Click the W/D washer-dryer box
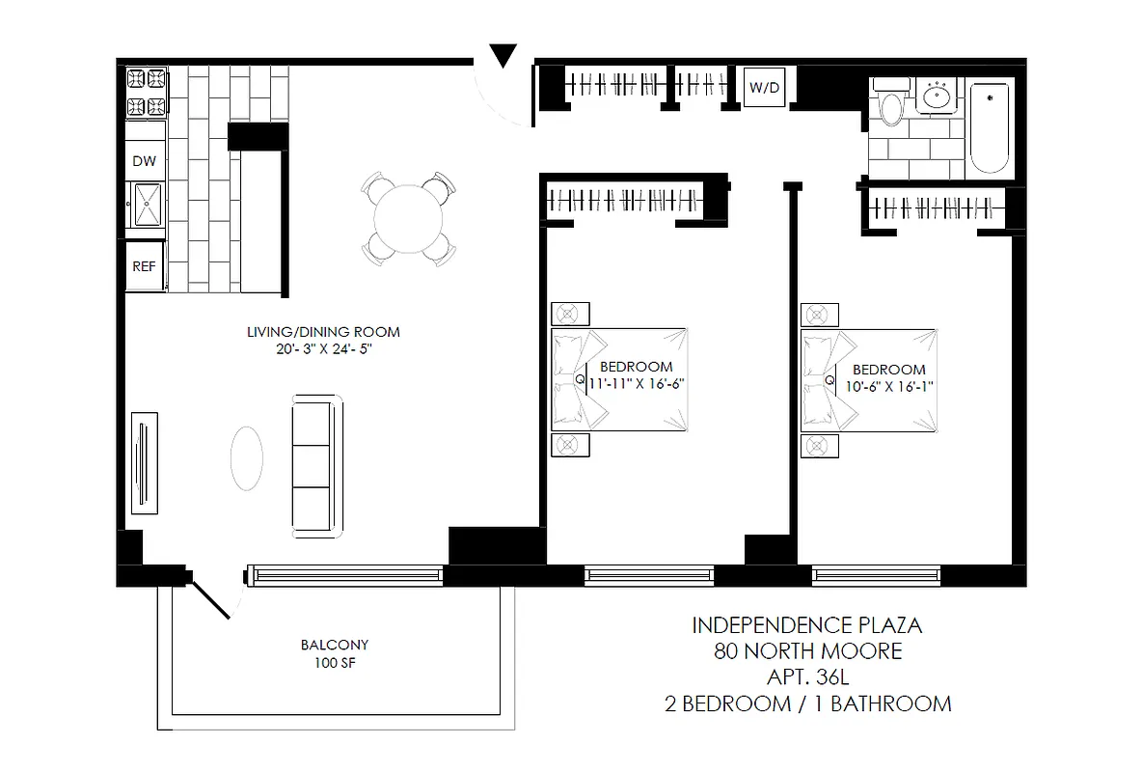pos(765,88)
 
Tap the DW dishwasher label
pos(144,161)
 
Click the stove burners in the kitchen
pos(145,91)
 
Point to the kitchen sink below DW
pos(148,205)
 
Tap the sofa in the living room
pos(316,466)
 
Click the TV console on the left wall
pos(144,463)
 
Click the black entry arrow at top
pos(503,56)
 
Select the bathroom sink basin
pos(936,96)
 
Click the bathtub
pos(990,127)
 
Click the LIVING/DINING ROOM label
pos(322,332)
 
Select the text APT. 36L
pos(807,677)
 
